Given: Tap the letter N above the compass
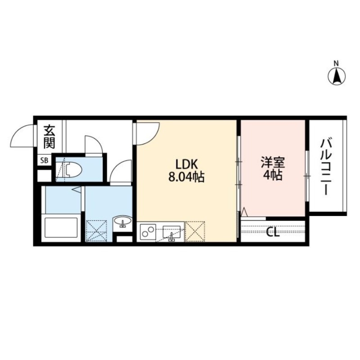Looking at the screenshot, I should [336, 63].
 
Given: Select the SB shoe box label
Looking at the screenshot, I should [44, 160].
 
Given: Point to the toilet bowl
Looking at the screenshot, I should [72, 170].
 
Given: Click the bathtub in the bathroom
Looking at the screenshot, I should [62, 228].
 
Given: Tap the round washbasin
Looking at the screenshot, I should [122, 222].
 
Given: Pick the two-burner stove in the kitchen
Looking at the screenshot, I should [148, 232].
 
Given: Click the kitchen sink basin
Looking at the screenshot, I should [171, 231].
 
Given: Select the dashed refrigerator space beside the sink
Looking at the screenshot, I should [195, 231].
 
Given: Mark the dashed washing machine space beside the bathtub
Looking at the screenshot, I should [96, 229].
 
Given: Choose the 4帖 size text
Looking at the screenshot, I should [273, 176].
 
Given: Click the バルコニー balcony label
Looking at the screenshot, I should [325, 166].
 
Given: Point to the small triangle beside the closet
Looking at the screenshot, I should [245, 211].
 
